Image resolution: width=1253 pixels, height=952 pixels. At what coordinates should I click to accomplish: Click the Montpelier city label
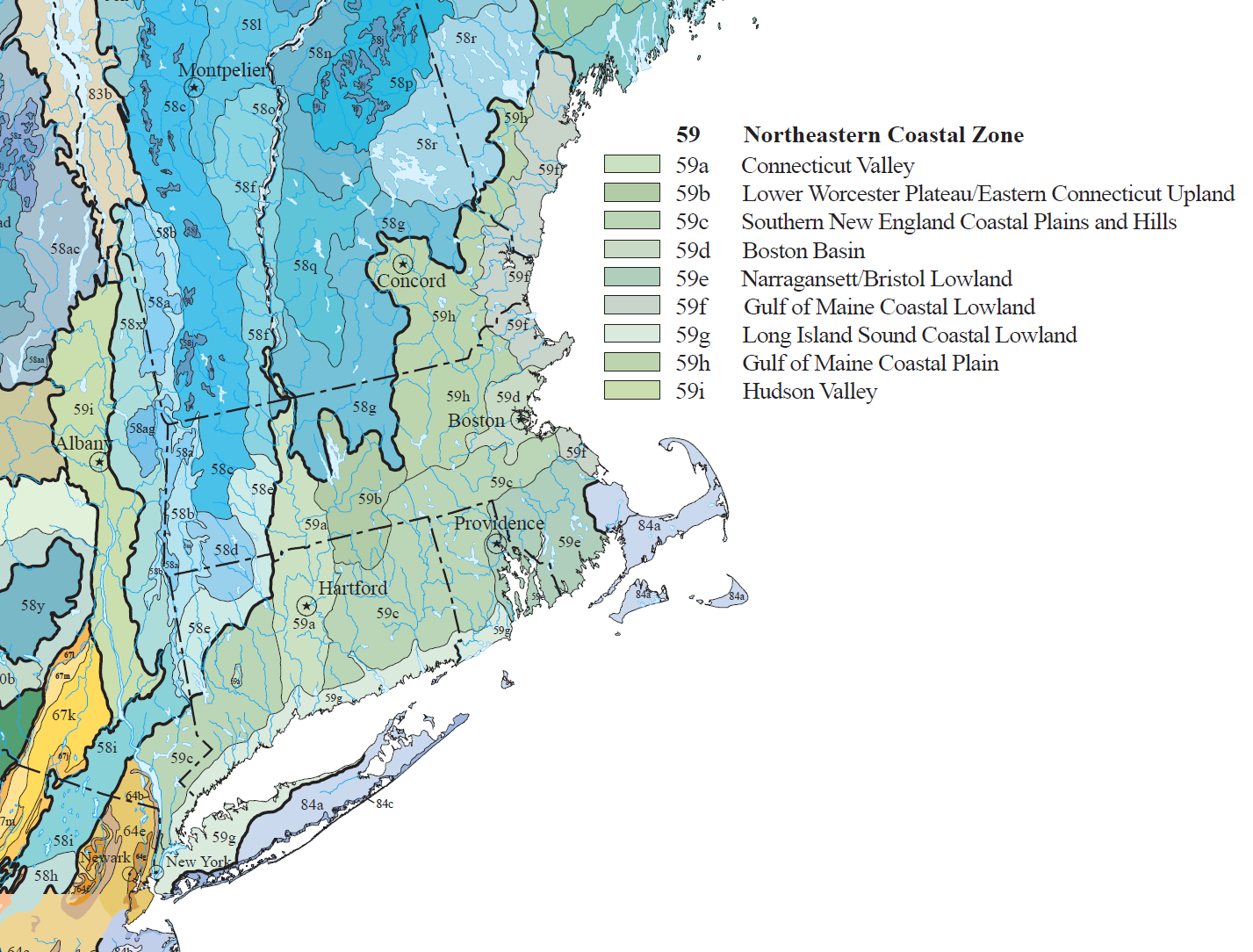224,70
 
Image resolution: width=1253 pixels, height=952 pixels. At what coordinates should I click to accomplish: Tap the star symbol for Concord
402,263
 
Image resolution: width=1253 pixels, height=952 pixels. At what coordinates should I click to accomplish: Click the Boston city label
476,421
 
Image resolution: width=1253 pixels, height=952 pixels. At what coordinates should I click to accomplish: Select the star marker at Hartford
306,606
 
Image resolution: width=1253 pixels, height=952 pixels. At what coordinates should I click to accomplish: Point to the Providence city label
499,523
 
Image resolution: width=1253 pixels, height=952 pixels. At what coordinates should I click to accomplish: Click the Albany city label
83,444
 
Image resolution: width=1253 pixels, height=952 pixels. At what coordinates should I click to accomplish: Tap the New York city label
198,862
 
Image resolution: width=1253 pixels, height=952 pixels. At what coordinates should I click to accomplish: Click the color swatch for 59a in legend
631,164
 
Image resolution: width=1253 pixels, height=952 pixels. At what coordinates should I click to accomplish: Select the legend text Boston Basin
803,250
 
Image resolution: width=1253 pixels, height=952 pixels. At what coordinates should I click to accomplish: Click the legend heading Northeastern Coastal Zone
883,134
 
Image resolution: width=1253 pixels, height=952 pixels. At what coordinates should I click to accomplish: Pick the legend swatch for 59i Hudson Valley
631,390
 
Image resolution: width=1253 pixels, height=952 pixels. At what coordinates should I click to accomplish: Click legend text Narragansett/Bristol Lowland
876,278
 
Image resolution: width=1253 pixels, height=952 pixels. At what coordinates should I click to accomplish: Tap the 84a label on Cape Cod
649,526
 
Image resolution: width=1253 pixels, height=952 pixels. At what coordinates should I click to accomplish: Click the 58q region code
305,265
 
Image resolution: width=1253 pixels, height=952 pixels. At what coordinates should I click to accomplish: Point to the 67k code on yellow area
63,715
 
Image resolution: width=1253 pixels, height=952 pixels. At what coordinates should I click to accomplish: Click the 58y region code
32,606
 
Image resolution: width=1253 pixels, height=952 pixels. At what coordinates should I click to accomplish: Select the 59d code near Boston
508,397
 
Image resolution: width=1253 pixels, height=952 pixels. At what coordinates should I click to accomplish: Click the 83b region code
99,94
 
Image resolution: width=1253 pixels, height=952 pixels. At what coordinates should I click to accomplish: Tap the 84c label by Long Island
385,804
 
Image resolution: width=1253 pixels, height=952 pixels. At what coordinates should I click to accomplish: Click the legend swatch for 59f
631,306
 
